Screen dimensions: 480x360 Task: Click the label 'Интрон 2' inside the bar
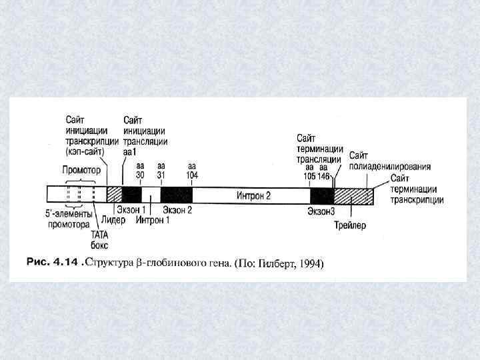[253, 195]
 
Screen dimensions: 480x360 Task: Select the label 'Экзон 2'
[177, 210]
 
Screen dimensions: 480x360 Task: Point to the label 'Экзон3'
[321, 211]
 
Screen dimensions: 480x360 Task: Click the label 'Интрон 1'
[153, 220]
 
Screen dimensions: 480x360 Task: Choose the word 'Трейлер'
[350, 225]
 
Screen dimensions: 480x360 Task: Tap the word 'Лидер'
[113, 219]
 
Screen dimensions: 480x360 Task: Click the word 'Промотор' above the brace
[81, 170]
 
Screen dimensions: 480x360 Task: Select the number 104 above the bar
[192, 175]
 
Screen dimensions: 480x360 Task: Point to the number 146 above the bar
[324, 176]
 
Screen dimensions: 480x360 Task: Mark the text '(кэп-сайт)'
[85, 151]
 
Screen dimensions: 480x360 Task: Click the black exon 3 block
[322, 195]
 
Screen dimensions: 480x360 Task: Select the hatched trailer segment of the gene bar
[353, 195]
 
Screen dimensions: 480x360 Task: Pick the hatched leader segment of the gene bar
[114, 195]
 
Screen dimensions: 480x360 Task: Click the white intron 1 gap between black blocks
[151, 195]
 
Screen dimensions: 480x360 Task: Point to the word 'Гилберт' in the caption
[275, 264]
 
